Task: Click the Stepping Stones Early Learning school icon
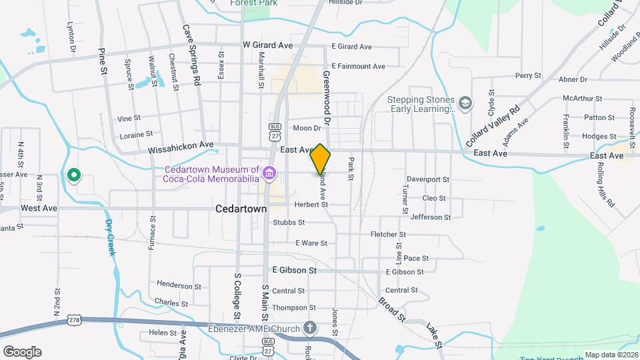pos(465,103)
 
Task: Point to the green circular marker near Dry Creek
pos(74,175)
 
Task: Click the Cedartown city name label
pos(241,209)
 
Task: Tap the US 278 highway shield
pos(73,321)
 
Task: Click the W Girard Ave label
pos(267,46)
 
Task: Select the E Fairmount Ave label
pos(358,67)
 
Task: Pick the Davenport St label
pos(428,179)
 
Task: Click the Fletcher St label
pos(388,235)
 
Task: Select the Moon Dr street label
pos(307,128)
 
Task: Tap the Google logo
pos(22,352)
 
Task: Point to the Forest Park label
pos(254,3)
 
